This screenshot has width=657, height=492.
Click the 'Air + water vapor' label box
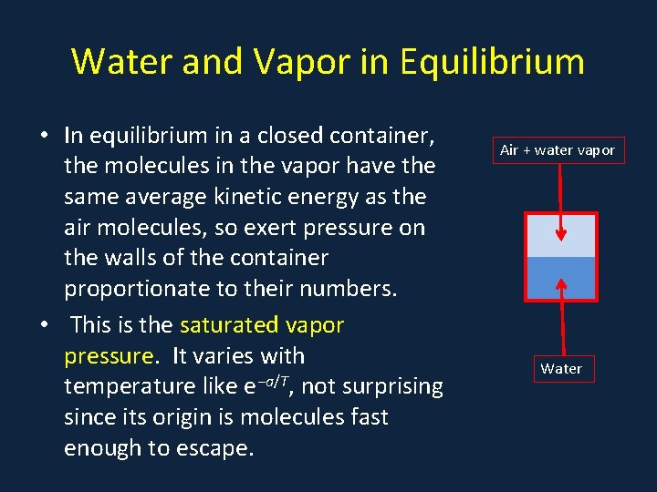click(x=558, y=150)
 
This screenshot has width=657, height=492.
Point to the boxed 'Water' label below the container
click(x=561, y=368)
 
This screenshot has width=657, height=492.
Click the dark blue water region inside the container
click(x=560, y=279)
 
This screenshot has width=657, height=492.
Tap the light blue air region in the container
click(x=560, y=236)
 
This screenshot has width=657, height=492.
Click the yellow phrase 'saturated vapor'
click(x=262, y=325)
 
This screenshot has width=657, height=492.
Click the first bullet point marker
click(x=43, y=137)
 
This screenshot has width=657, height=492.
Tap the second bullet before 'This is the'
click(x=43, y=325)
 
